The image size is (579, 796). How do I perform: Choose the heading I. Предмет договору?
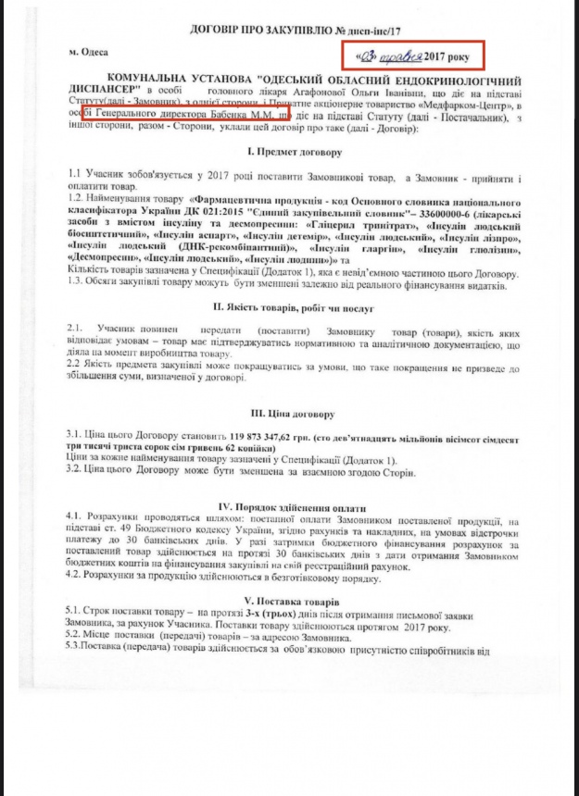(x=290, y=151)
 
